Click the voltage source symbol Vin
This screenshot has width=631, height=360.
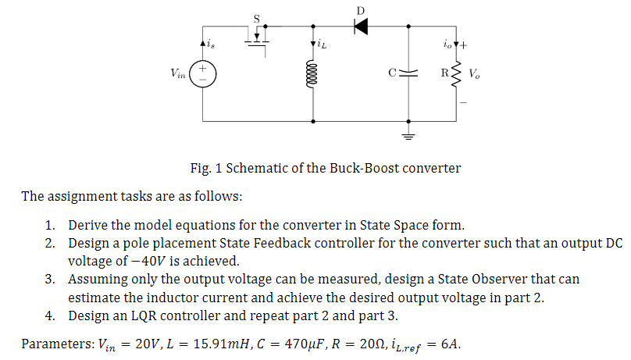tap(203, 75)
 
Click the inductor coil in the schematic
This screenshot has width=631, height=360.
tap(314, 76)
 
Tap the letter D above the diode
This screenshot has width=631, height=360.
tap(360, 9)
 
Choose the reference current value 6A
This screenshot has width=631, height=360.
tap(455, 344)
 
